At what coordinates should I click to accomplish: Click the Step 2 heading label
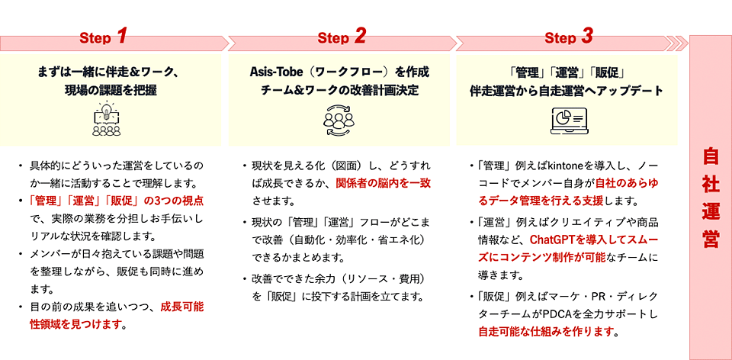pyautogui.click(x=342, y=37)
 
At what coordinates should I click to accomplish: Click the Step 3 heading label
pyautogui.click(x=569, y=37)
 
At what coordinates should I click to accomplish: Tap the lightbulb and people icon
pyautogui.click(x=107, y=118)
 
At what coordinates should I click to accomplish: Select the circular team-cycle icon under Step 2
pyautogui.click(x=339, y=120)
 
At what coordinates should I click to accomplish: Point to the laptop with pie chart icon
pyautogui.click(x=567, y=120)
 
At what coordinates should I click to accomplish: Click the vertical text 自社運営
pyautogui.click(x=711, y=199)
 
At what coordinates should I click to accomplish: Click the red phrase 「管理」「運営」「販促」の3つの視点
pyautogui.click(x=116, y=201)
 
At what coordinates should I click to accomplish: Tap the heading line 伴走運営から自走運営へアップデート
pyautogui.click(x=567, y=91)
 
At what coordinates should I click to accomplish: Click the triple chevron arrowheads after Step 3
pyautogui.click(x=677, y=43)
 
